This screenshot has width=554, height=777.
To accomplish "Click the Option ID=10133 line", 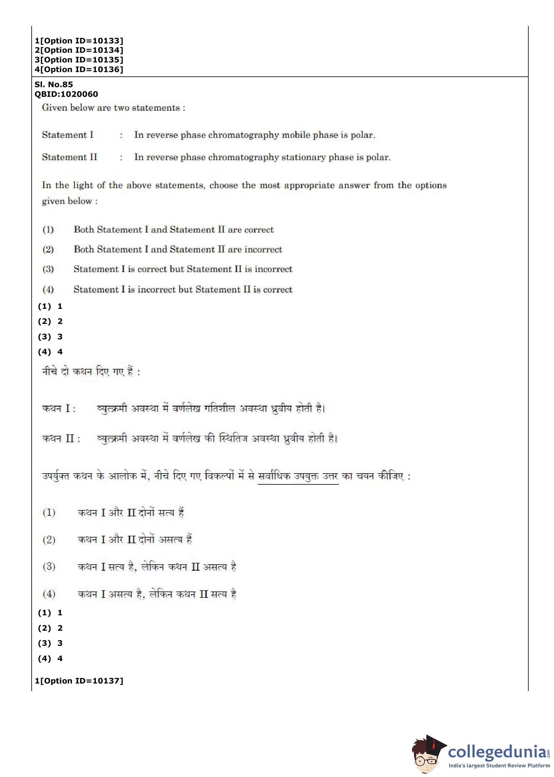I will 79,41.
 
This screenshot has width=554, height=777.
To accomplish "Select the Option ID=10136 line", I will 79,70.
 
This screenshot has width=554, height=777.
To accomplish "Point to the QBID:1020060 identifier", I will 66,94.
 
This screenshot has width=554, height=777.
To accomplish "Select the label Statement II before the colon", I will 69,157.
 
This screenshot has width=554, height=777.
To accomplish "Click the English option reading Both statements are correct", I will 173,230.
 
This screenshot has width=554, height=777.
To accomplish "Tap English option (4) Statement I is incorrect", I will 183,290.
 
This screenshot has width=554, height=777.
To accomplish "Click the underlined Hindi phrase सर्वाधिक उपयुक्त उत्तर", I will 298,476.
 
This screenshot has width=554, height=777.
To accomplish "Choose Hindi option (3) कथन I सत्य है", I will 157,567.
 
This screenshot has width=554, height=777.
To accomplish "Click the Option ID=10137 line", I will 79,681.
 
